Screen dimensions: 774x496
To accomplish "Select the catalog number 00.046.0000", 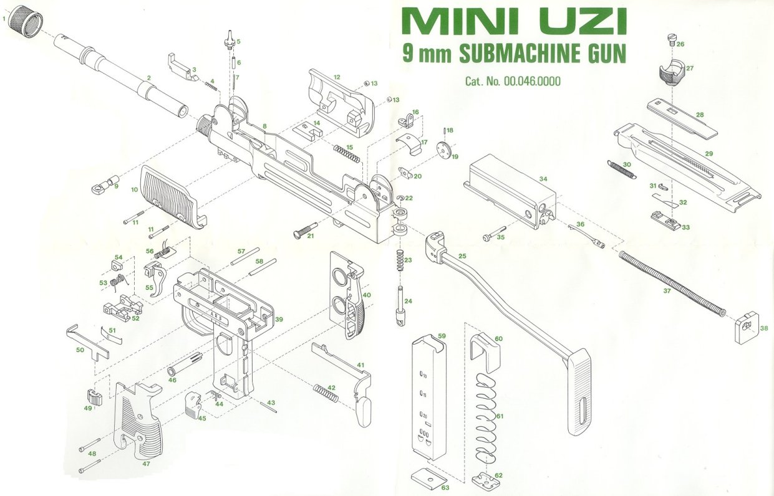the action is [532, 82].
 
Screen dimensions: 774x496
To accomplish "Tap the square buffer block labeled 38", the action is [747, 328].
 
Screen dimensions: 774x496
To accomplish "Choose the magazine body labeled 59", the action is [429, 397].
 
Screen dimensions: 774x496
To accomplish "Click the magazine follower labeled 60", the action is [485, 352].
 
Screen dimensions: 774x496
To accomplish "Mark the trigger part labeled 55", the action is [156, 279].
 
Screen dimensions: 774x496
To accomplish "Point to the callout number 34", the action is [543, 179].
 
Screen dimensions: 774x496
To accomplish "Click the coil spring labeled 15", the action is [347, 153].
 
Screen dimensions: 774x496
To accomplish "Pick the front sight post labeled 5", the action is [230, 41].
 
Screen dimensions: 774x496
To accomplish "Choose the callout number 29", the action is [709, 153].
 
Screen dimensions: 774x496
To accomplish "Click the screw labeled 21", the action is [305, 230].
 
